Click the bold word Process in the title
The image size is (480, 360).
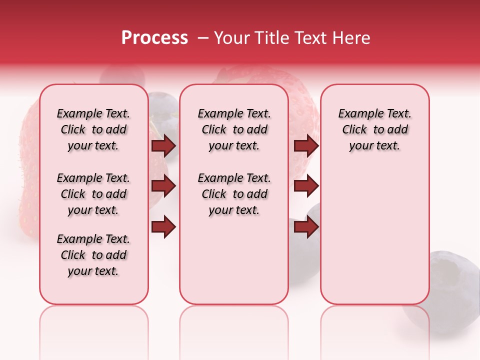154,38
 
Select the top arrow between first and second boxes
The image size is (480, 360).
163,145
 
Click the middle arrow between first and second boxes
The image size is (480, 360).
163,186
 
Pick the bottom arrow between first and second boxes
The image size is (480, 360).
163,227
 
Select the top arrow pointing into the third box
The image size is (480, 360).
306,145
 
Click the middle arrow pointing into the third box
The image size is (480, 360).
306,186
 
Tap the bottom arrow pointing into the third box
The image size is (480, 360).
306,227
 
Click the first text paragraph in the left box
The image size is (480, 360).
93,129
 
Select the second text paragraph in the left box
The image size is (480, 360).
93,194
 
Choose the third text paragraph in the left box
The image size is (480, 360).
93,255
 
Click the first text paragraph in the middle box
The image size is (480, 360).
234,129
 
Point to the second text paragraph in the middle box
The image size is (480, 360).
234,194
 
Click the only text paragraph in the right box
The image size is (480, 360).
374,129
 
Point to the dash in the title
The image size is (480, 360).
203,38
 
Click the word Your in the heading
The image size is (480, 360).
231,38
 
